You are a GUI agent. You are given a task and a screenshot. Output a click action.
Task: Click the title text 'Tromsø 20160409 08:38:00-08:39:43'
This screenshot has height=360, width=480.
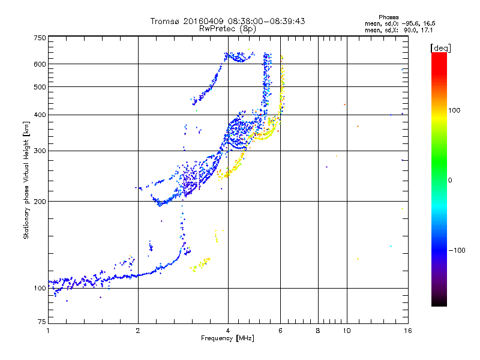pyautogui.click(x=227, y=21)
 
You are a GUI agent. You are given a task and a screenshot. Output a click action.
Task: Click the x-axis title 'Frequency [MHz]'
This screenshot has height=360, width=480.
pyautogui.click(x=227, y=339)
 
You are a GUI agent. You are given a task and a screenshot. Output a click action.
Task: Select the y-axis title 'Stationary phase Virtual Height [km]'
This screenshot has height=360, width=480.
pyautogui.click(x=26, y=181)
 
